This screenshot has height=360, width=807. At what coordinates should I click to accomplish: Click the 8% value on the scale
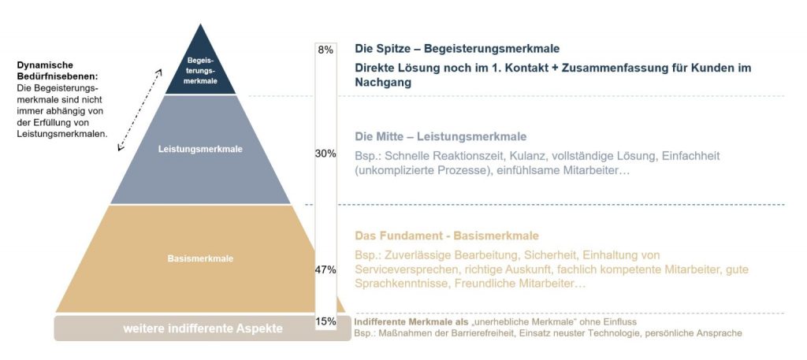[325, 50]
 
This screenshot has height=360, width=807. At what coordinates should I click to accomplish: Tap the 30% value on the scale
[325, 154]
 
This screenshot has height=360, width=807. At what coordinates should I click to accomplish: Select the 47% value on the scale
[325, 269]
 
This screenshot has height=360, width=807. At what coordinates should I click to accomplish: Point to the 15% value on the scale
[325, 321]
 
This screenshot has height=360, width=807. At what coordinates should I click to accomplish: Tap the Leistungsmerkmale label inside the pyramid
[200, 149]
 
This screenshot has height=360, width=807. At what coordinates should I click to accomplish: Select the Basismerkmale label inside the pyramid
[200, 258]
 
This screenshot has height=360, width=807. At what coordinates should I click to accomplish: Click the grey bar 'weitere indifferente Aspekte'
[203, 328]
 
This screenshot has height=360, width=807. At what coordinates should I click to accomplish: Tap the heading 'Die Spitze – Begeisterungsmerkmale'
[457, 49]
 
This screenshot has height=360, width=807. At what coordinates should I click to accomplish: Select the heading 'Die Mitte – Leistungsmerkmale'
[440, 136]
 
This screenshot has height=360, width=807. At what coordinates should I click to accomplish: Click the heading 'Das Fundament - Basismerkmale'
[446, 236]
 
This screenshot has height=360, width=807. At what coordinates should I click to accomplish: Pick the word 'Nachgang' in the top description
[383, 82]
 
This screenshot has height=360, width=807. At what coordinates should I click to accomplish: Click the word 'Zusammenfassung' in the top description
[615, 68]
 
